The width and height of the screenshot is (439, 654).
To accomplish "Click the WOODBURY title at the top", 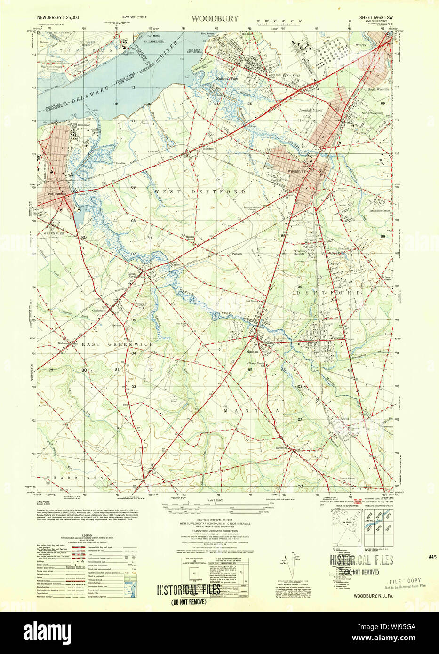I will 215,18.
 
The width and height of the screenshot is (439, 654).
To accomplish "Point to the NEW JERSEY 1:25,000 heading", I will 58,17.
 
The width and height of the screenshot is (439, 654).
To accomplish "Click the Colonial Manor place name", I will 311,110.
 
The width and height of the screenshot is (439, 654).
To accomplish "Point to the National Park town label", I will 227,79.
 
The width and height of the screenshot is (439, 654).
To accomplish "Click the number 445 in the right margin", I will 432,556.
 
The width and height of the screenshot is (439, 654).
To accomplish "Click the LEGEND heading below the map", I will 86,535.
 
